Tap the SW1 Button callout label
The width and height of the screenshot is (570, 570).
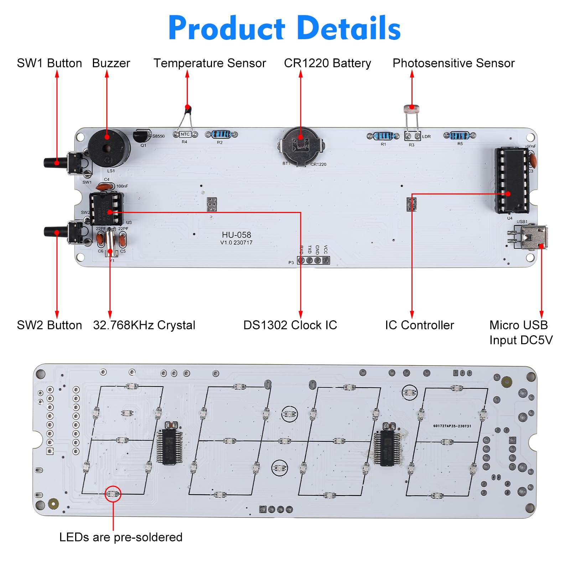49,63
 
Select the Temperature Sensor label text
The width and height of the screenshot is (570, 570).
209,63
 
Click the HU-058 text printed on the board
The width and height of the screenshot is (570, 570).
236,235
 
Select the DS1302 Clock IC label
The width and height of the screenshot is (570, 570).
290,325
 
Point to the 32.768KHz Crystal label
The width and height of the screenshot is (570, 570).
144,325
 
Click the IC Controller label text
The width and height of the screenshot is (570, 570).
419,325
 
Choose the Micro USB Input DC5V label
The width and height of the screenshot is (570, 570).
520,332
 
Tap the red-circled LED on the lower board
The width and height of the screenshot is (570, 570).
113,494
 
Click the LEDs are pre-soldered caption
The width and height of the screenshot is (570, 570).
121,537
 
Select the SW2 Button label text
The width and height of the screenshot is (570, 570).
49,325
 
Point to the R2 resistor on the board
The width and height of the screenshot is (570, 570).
221,134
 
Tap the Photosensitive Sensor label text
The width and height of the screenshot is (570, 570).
453,63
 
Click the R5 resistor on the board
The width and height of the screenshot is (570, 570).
459,135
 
